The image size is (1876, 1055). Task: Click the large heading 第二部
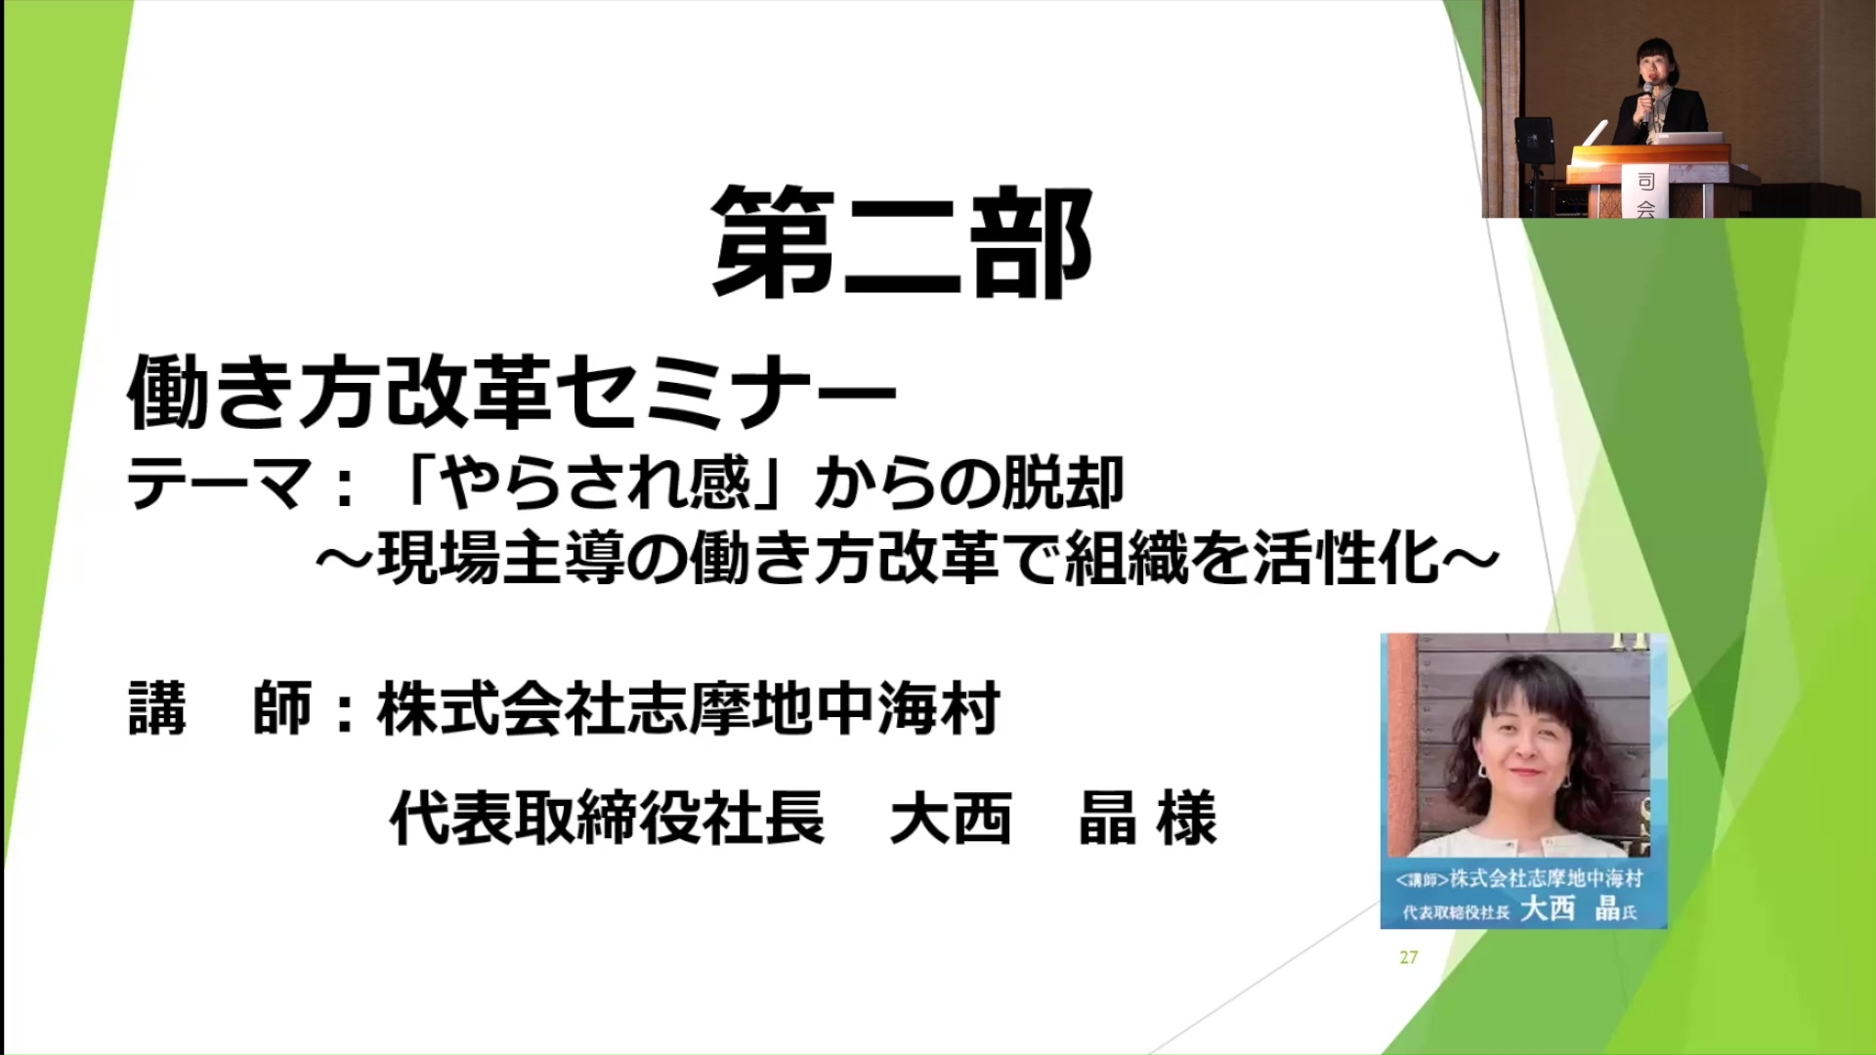pos(901,243)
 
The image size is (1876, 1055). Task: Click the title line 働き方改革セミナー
pos(511,393)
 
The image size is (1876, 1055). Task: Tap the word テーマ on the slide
pos(219,485)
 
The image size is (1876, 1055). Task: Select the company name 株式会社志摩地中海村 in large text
pos(689,709)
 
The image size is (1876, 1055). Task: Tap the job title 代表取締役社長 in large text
pos(607,819)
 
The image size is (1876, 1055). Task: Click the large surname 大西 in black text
pos(950,819)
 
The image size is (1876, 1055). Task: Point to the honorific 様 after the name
pos(1186,819)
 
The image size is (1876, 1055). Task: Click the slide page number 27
pos(1408,957)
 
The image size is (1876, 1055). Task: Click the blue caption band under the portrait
pos(1522,894)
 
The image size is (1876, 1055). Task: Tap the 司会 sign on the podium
pos(1645,192)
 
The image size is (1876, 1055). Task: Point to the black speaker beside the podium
pos(1534,140)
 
